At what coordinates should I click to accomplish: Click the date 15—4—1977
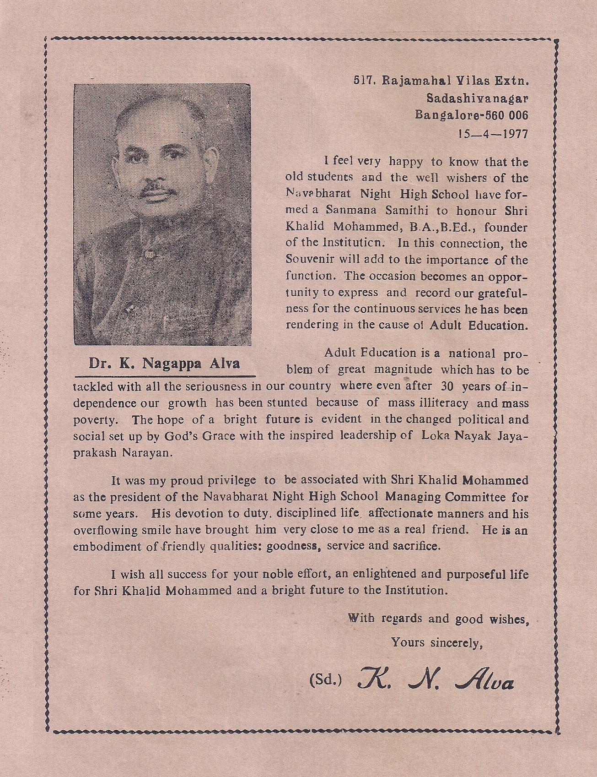(492, 134)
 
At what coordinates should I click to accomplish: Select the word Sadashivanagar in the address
(477, 98)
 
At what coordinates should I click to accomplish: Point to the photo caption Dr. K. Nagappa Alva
(164, 364)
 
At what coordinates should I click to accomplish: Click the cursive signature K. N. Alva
(435, 680)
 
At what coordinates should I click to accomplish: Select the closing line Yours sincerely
(437, 642)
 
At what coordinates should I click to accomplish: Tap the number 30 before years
(446, 386)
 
